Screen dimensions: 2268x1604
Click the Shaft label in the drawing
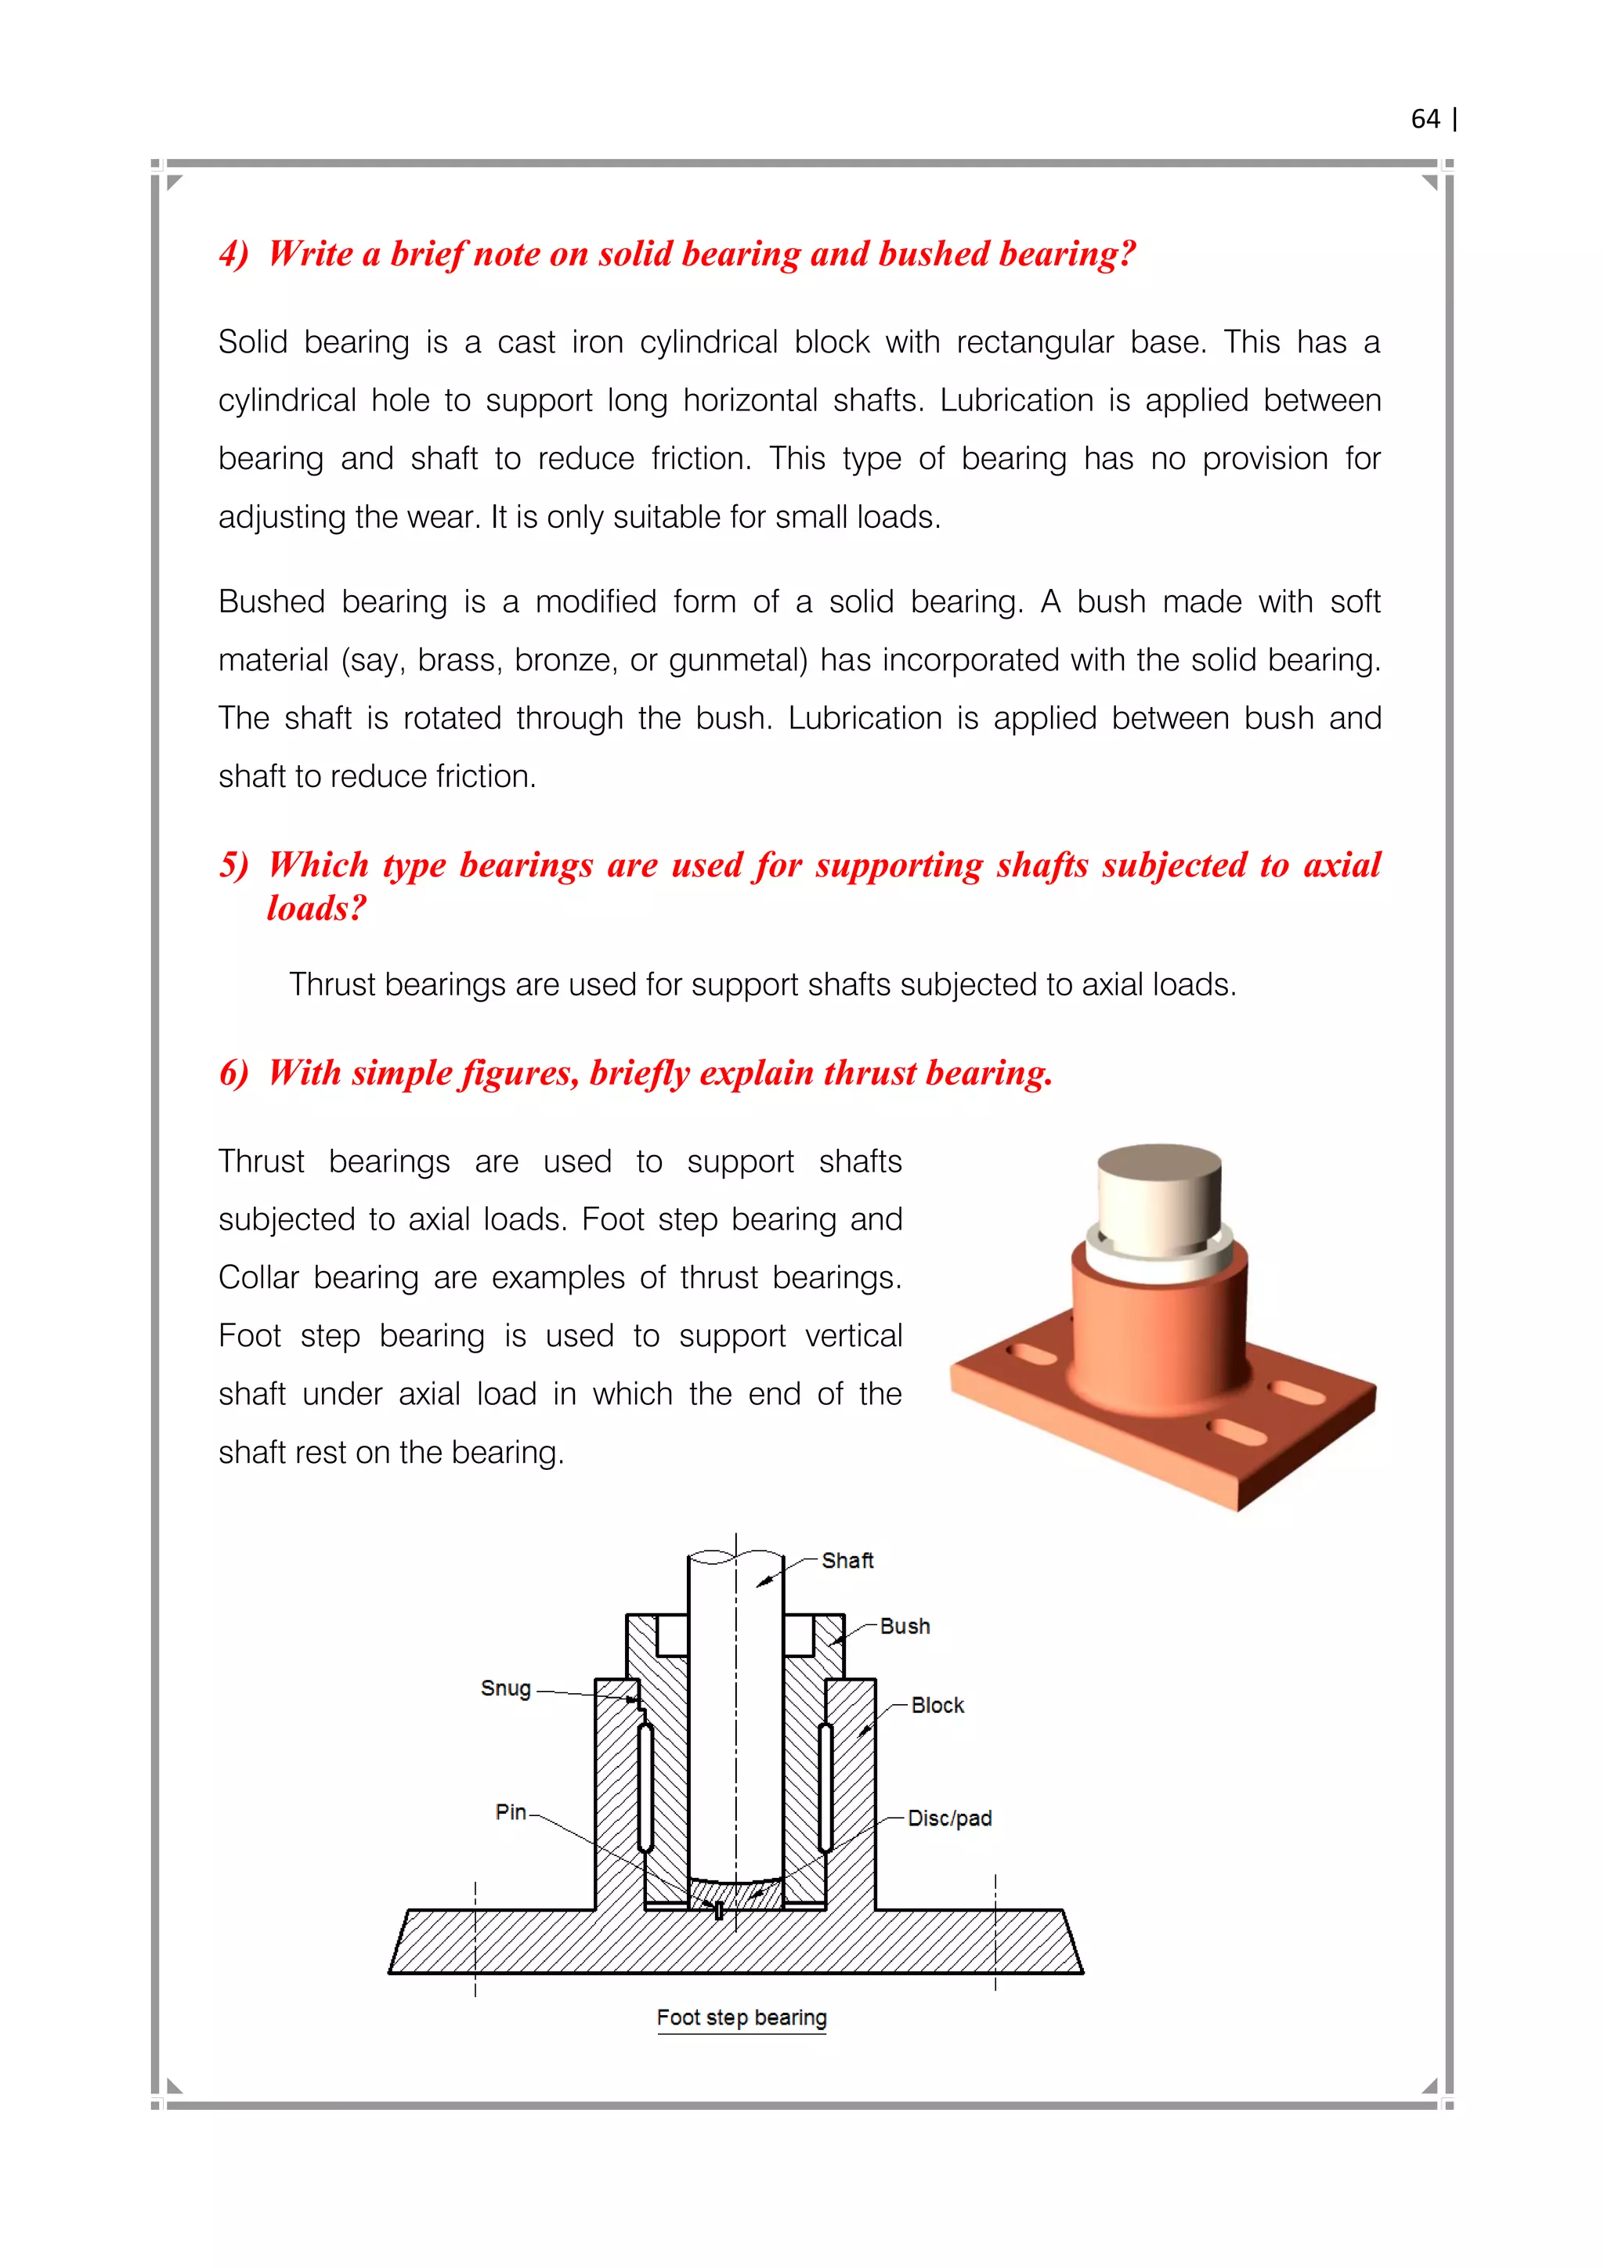click(x=847, y=1561)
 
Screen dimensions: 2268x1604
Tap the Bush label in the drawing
click(x=904, y=1626)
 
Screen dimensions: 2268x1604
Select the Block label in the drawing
click(x=937, y=1705)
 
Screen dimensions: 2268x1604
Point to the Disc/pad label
click(x=948, y=1818)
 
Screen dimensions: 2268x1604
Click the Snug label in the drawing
click(x=506, y=1688)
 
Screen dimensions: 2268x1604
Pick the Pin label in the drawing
click(x=510, y=1811)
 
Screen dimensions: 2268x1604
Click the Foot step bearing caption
click(x=741, y=2017)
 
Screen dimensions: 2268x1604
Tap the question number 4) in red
click(x=234, y=254)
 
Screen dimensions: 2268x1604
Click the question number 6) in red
click(x=234, y=1073)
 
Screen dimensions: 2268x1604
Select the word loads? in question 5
click(x=316, y=908)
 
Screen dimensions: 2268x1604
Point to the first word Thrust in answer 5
click(x=332, y=985)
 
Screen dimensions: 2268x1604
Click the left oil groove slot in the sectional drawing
click(x=645, y=1788)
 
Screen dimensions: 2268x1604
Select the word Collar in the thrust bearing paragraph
click(x=258, y=1278)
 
